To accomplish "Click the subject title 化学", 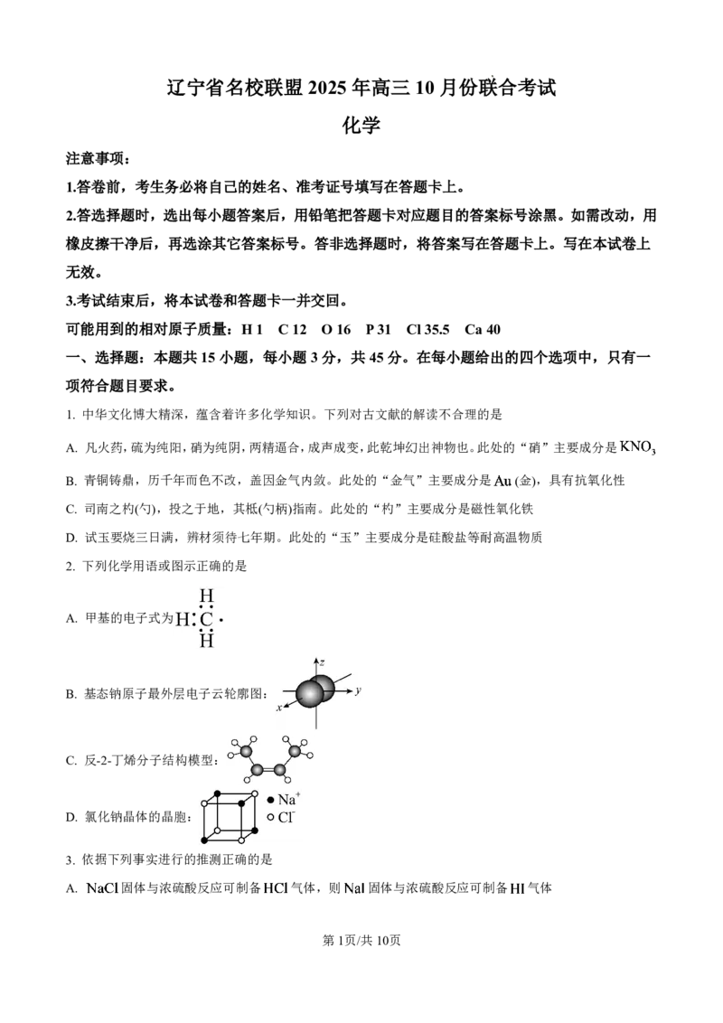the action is click(361, 125).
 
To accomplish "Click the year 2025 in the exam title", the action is click(329, 88).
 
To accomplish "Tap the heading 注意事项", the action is click(89, 158).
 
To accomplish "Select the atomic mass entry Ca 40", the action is click(483, 330).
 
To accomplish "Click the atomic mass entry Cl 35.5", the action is click(427, 330).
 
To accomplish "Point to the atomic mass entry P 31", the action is click(378, 330).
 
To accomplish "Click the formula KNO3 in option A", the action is click(637, 447).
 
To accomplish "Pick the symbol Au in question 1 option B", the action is click(502, 481).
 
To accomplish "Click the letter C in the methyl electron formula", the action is click(207, 618).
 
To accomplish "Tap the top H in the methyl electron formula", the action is click(207, 596).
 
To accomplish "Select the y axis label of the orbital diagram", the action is click(358, 690).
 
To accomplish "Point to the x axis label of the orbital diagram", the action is click(279, 708).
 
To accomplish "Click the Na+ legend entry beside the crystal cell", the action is click(284, 799).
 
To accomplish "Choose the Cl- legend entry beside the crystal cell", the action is click(281, 817).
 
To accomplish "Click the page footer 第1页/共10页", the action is click(361, 940).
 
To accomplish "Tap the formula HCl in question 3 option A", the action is click(276, 888).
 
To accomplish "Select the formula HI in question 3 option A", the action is click(518, 888).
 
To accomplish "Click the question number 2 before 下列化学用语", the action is click(69, 567).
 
